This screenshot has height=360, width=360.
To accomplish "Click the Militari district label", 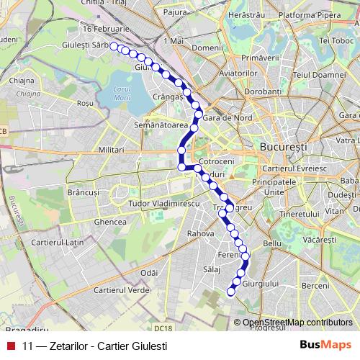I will point(113,149).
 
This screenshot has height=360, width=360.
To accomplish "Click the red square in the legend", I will point(11,345).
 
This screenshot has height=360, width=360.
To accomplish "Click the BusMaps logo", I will point(325,344).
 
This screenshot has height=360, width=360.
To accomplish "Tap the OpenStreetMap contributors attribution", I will point(298,323).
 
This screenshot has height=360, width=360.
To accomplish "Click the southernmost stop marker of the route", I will point(231,292).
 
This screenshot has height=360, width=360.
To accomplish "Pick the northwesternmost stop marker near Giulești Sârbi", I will point(114,46).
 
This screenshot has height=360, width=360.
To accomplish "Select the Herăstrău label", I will point(242,14).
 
